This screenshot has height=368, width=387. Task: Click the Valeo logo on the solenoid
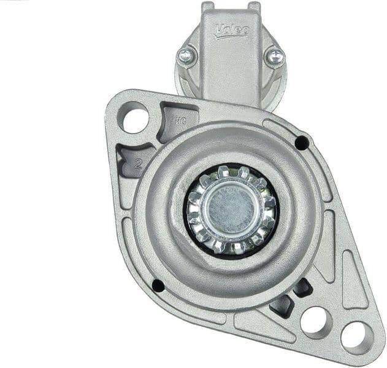(x=231, y=30)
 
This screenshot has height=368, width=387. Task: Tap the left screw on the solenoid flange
(x=186, y=56)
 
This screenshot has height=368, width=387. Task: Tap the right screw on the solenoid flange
(x=274, y=57)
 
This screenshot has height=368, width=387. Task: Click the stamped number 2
(x=139, y=163)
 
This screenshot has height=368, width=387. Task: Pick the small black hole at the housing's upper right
(x=302, y=143)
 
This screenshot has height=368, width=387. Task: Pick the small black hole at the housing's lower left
(x=158, y=285)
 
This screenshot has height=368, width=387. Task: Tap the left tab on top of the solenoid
(x=208, y=7)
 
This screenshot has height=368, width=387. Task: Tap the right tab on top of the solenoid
(x=254, y=7)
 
